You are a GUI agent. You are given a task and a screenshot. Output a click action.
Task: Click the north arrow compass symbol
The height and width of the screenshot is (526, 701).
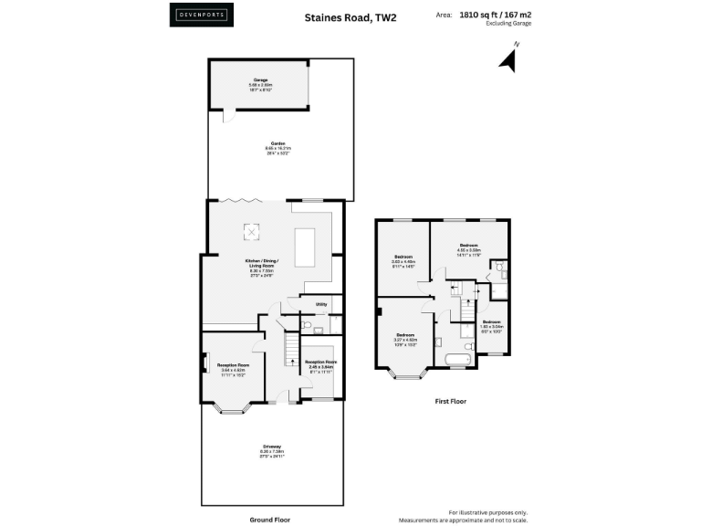[507, 59]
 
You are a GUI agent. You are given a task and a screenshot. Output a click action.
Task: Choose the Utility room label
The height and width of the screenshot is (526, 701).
[321, 304]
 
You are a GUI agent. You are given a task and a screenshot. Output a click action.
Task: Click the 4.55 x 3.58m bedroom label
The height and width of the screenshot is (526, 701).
[468, 249]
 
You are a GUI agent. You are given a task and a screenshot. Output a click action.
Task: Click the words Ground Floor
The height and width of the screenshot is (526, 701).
[271, 519]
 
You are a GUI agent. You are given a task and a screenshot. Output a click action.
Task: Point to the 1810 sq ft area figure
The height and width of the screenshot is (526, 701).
[483, 15]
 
